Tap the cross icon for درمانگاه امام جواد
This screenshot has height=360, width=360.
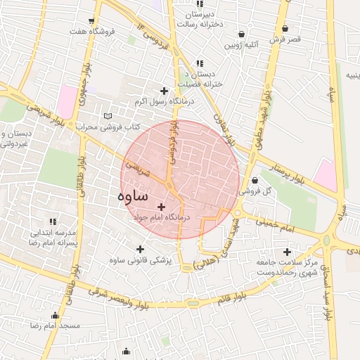tap(162, 207)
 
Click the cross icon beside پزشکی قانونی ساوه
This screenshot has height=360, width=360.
tap(140, 249)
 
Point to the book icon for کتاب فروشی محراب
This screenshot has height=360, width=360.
tap(107, 116)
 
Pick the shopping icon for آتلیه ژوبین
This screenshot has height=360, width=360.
tap(241, 34)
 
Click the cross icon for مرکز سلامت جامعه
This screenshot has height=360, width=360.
tap(286, 252)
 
